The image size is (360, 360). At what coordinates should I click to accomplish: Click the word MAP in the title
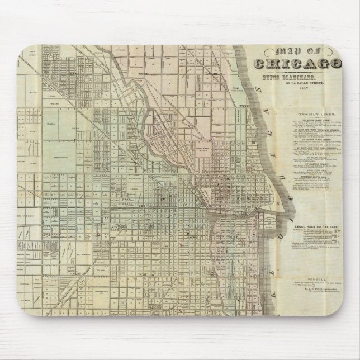[272, 51]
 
